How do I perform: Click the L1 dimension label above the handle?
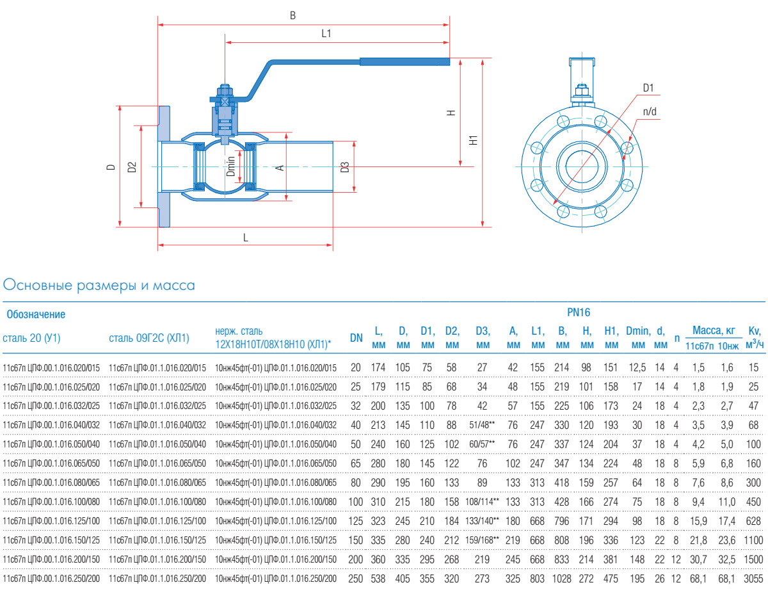[326, 34]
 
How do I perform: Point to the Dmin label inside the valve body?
[231, 168]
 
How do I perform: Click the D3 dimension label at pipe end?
[345, 167]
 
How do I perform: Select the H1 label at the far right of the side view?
[472, 141]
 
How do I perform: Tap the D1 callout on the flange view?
[649, 87]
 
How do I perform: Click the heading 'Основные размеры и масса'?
[99, 285]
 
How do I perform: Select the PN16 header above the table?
[579, 313]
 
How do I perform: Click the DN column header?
[356, 337]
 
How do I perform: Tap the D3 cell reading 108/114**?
[483, 501]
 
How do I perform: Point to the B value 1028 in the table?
[563, 579]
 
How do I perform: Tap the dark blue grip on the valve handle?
[404, 62]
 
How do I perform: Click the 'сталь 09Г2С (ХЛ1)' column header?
[149, 337]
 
